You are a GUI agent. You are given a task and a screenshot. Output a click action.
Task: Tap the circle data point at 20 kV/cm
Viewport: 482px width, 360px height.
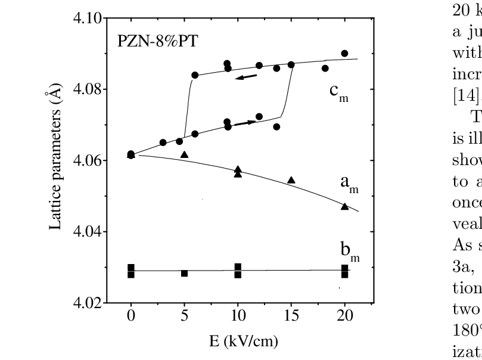(x=344, y=54)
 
